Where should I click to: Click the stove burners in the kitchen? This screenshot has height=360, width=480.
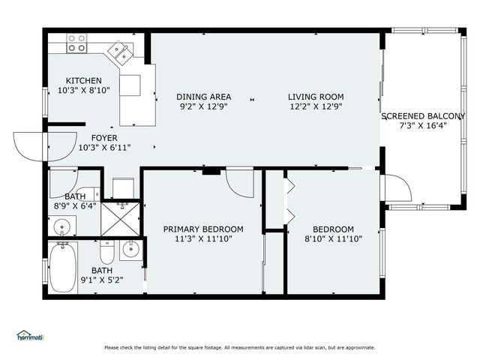click(76, 43)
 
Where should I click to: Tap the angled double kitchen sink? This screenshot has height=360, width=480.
click(119, 52)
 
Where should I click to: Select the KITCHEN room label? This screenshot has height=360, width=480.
click(83, 81)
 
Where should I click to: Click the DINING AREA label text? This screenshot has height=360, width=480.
click(203, 97)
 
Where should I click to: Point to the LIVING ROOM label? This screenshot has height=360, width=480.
click(316, 97)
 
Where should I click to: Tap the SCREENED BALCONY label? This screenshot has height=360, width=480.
click(428, 116)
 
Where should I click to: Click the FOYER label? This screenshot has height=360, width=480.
click(104, 138)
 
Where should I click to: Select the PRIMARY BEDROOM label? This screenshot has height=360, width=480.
click(203, 229)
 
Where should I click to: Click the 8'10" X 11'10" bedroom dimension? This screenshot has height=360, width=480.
click(333, 239)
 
